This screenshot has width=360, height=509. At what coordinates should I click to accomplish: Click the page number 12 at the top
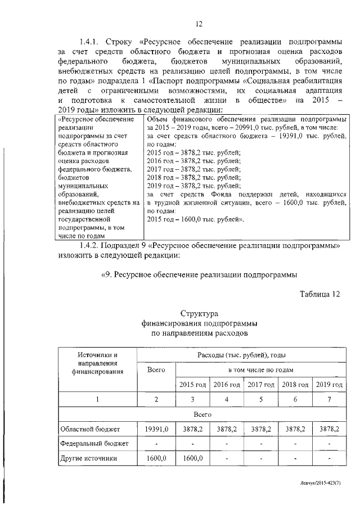(198, 24)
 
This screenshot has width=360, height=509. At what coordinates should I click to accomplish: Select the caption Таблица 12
(320, 294)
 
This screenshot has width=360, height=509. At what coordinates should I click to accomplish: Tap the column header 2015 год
(192, 385)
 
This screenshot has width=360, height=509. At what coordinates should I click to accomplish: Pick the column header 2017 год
(261, 385)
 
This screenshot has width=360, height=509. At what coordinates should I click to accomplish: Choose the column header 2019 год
(329, 385)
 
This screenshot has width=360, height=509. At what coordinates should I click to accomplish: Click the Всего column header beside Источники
(156, 370)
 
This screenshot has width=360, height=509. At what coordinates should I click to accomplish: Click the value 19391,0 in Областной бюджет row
(156, 429)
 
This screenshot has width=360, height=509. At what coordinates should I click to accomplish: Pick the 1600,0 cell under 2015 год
(192, 458)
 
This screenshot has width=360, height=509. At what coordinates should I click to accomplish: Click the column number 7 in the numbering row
(329, 399)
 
